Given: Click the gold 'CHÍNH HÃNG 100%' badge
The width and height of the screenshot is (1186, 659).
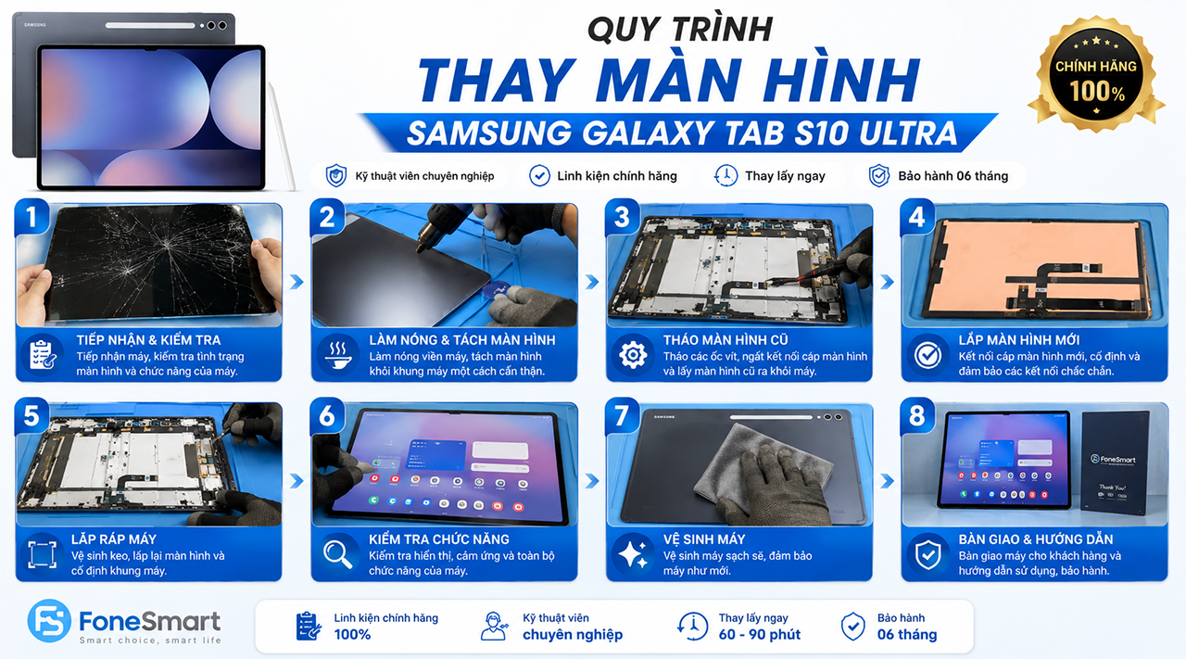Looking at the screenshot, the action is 1096,74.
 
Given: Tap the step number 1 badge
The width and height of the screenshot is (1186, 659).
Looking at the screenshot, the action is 32,217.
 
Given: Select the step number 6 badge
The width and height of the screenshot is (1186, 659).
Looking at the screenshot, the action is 327,415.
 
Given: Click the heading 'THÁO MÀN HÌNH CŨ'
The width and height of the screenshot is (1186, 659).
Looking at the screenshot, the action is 725,340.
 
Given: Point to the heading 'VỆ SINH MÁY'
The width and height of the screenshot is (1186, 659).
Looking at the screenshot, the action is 703,539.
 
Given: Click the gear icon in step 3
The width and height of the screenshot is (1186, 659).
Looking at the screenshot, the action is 633,355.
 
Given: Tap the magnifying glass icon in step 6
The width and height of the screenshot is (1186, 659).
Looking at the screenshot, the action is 338,554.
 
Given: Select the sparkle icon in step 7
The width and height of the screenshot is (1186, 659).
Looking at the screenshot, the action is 633,554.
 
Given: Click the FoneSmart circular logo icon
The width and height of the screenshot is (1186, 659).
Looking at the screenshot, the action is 49,621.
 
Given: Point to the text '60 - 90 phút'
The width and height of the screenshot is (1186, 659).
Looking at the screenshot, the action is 759,634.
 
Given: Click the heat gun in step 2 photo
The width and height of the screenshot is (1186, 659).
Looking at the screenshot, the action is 445,225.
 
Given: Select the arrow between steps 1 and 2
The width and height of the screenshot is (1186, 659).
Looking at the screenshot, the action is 296,282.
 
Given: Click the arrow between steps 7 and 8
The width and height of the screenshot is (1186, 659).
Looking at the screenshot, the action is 888,481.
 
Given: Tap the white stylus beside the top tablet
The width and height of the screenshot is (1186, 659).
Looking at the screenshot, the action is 283,136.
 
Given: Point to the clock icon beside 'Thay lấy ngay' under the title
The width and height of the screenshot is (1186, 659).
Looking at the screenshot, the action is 725,175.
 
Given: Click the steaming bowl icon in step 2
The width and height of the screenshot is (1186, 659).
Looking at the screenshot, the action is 338,355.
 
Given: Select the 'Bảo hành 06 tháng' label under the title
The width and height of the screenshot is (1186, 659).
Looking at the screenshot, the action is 953,176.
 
